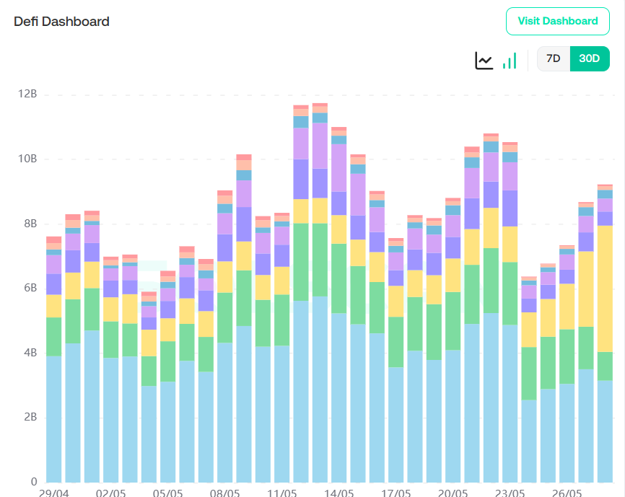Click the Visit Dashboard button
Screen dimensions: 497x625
click(x=558, y=21)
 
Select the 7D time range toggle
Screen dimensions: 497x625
click(x=553, y=59)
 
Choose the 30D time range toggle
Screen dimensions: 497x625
click(x=589, y=59)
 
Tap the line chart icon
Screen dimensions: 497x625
click(x=484, y=61)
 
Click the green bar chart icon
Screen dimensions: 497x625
click(x=510, y=61)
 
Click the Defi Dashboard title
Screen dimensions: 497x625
click(x=62, y=22)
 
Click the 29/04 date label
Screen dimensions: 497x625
click(x=53, y=493)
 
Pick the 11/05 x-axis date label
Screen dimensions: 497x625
click(x=281, y=493)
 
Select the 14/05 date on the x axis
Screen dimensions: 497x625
click(x=338, y=493)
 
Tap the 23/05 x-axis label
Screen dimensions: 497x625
click(x=510, y=493)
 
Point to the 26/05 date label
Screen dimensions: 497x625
click(x=567, y=493)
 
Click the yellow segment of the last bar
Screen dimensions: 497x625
click(x=605, y=289)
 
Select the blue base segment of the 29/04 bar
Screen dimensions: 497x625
click(x=53, y=418)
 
